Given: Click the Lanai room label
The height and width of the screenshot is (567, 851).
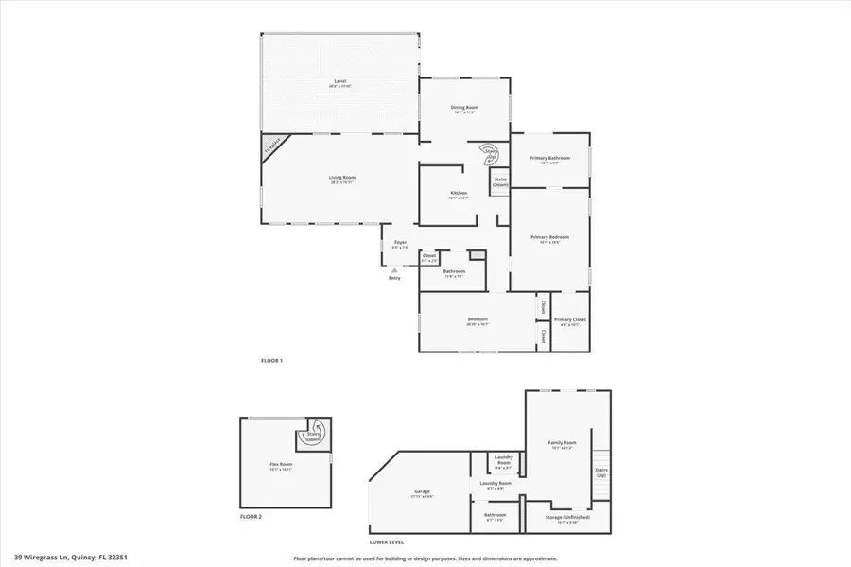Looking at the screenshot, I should [339, 83].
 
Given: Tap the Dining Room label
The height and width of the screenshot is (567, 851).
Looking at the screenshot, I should [465, 109].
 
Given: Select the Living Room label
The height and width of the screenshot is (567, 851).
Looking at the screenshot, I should [342, 179].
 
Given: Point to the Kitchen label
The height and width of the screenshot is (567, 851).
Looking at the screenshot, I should [459, 195].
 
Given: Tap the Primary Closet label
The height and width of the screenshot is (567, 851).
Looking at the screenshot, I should [570, 320].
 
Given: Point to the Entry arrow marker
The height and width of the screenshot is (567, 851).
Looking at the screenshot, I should [394, 270].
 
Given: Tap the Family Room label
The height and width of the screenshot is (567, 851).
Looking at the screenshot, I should [562, 444].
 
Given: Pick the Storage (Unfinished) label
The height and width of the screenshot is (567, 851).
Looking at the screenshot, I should [568, 518].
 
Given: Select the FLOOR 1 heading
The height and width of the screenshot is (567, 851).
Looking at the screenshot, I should [271, 361].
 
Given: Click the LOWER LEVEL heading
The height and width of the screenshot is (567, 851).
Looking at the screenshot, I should [386, 542].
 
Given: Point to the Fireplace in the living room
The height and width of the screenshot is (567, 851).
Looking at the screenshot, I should [273, 147].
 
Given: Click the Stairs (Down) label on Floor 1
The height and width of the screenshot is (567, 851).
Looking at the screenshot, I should [500, 181].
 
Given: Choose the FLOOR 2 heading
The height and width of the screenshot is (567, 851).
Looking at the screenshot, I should [250, 516].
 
